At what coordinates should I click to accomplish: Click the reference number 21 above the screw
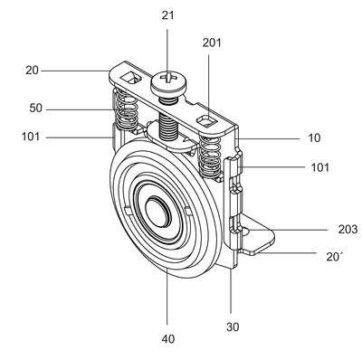(167, 15)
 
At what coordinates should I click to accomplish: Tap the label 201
(212, 43)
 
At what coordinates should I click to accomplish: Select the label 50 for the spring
(35, 108)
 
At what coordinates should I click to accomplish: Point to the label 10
(314, 138)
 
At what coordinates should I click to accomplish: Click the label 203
(348, 230)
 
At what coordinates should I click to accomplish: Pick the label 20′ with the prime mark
(334, 256)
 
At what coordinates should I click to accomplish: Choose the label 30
(233, 327)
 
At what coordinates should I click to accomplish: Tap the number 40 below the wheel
(168, 339)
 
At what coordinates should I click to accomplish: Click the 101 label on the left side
(31, 137)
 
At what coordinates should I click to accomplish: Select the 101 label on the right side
(319, 167)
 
